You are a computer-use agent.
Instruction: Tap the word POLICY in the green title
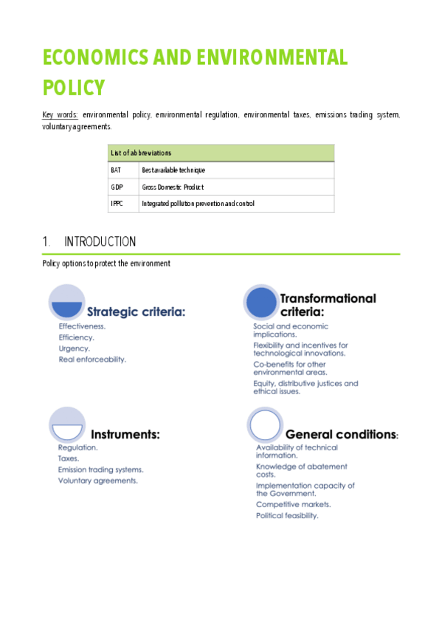coord(74,87)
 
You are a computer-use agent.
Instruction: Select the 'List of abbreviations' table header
coord(141,153)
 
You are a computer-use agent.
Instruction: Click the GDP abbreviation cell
coord(117,187)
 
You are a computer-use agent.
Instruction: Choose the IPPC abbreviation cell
coord(117,204)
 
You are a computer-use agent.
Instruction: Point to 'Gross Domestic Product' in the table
coord(173,187)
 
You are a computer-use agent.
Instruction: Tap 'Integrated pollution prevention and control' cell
coord(198,204)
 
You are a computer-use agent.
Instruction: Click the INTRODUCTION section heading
coord(100,242)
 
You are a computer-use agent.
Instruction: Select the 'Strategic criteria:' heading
coord(137,312)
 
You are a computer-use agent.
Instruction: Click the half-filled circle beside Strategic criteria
coord(67,303)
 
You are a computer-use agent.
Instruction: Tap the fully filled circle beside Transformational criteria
coord(262,303)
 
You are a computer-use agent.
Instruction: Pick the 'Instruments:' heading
coord(125,434)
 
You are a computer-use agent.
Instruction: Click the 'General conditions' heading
coord(339,434)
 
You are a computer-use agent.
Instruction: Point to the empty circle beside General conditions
coord(265,424)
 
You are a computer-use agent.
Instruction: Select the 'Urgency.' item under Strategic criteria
coord(74,348)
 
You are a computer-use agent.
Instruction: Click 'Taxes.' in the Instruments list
coord(69,458)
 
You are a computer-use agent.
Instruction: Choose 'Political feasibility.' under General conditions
coord(287,516)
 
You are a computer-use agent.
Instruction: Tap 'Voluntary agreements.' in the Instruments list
coord(97,481)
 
